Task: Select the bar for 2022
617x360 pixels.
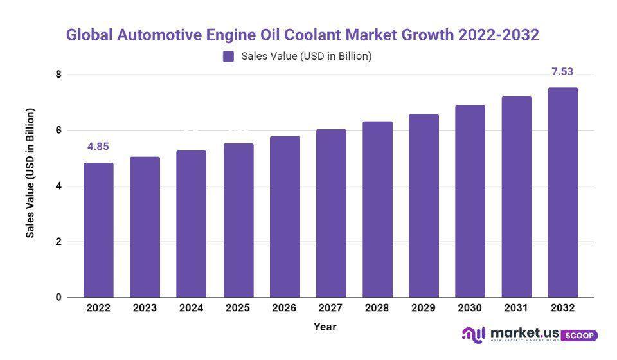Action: [98, 230]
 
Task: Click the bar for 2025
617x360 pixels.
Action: [238, 221]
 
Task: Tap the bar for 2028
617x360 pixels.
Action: [378, 210]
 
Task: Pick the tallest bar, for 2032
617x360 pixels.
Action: [562, 193]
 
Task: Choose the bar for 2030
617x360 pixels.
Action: [470, 201]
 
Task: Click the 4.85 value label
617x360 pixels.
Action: [98, 147]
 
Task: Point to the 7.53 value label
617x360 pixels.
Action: [562, 71]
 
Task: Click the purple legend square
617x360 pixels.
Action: [228, 57]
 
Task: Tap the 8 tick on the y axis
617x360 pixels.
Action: [58, 75]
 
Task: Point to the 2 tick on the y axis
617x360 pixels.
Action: [58, 242]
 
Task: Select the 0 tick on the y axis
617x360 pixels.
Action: [58, 298]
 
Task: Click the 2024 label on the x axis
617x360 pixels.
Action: [192, 309]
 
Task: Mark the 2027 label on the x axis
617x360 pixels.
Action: [331, 309]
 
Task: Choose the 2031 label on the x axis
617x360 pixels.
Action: [517, 309]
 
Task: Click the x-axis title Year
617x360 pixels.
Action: [325, 327]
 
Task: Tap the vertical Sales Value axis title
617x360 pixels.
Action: [30, 173]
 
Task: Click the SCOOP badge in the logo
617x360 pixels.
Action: [580, 336]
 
